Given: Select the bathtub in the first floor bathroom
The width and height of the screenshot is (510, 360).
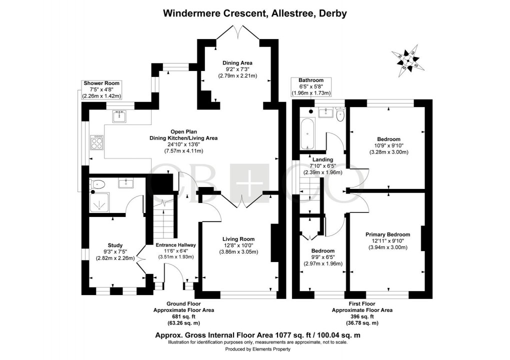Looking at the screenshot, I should point(307,133).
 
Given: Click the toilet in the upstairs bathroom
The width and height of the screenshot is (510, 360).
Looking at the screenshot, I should point(340,114).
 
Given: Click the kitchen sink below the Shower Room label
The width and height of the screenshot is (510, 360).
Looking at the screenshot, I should point(119,116).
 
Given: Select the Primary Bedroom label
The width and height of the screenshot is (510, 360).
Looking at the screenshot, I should point(387,234).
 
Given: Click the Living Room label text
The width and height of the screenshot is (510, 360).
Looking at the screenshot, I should point(238,239).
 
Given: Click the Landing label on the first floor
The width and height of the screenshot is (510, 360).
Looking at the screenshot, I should point(322,159).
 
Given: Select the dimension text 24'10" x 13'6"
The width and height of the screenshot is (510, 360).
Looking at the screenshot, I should point(183,144).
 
